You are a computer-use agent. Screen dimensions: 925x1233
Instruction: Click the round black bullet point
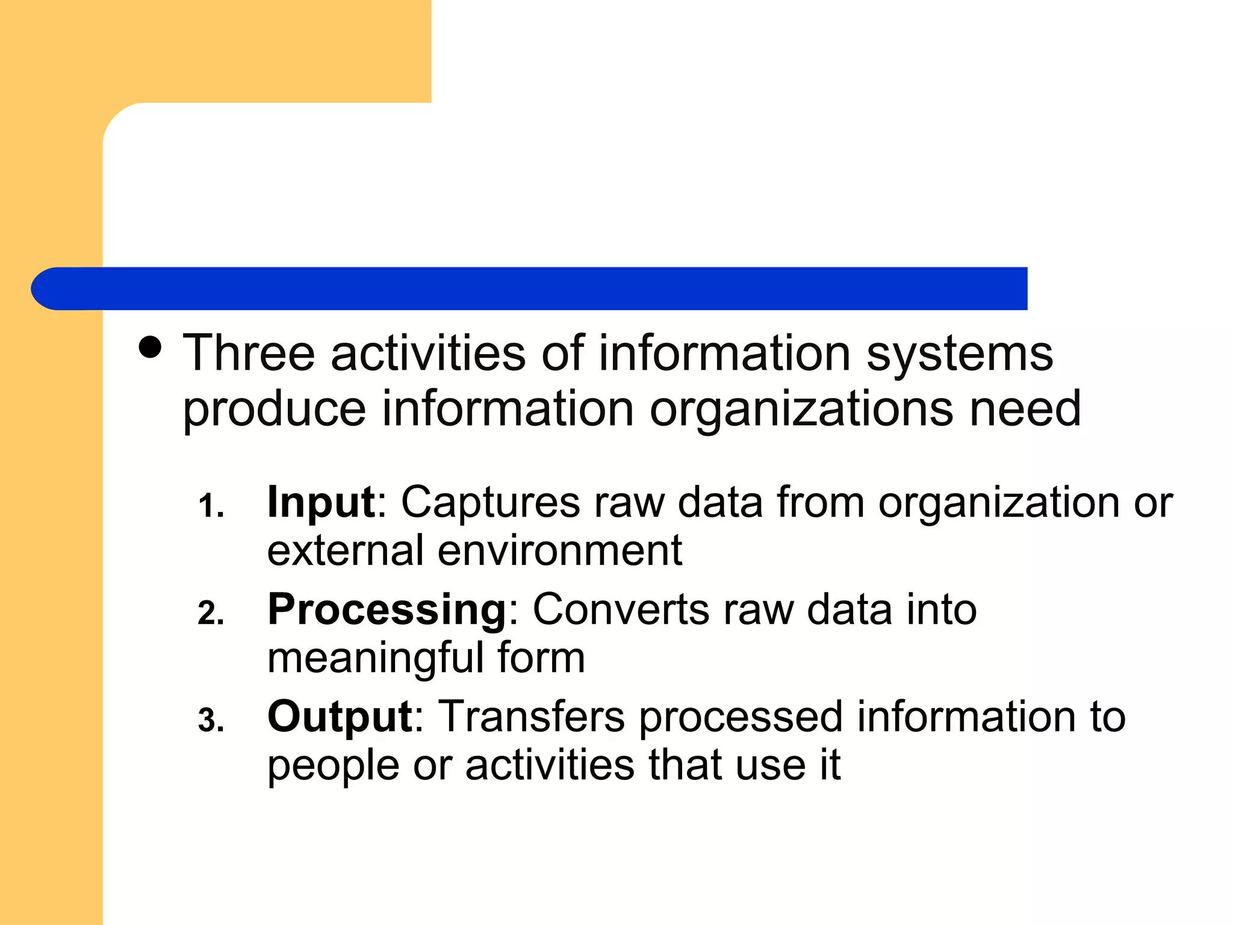pos(150,347)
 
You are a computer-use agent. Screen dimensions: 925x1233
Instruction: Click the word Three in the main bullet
pos(249,353)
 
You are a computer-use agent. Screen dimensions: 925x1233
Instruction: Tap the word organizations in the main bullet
pos(801,409)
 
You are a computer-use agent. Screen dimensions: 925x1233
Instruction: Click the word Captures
pos(491,502)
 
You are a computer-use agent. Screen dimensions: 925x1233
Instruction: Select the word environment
pos(560,550)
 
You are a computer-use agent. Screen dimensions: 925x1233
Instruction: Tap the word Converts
pos(621,609)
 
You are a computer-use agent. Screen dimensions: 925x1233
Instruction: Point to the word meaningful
pos(374,658)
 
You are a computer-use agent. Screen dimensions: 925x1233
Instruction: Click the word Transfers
pos(532,717)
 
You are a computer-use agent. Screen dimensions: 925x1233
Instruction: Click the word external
pos(346,550)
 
